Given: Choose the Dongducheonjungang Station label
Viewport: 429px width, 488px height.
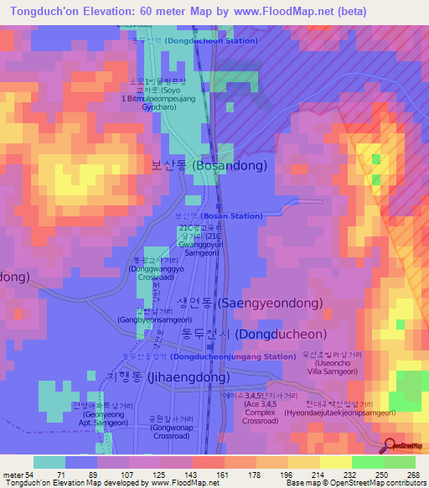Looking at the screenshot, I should point(214,356).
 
